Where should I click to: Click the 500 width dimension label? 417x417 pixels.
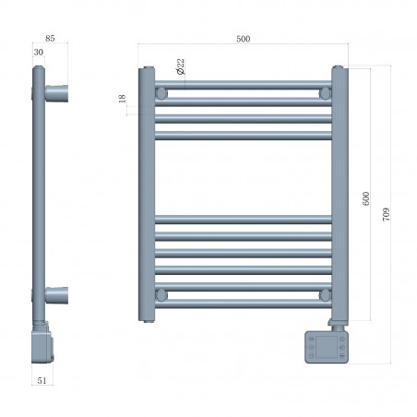[x=244, y=39]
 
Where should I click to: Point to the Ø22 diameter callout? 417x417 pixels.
[x=178, y=66]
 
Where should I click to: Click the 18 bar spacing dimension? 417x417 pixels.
[x=122, y=99]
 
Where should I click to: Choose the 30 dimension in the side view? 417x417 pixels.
[x=38, y=54]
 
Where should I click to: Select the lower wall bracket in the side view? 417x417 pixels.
[x=56, y=297]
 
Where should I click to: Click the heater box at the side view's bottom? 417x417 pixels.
[x=42, y=348]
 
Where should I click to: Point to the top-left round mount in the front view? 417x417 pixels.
[x=162, y=93]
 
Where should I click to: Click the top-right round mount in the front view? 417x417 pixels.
[x=325, y=93]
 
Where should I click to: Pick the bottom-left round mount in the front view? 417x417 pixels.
[x=162, y=294]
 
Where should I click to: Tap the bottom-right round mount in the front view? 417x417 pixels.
[x=325, y=294]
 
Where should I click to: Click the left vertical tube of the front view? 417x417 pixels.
[x=147, y=194]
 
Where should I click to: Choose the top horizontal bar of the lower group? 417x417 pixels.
[x=244, y=220]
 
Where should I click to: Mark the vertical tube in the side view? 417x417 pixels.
[x=39, y=194]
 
